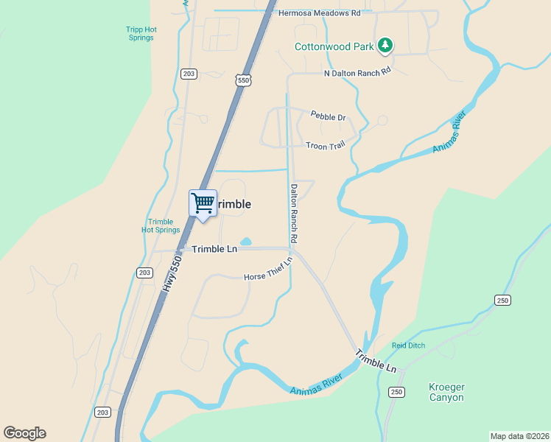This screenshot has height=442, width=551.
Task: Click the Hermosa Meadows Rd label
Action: coord(320,13)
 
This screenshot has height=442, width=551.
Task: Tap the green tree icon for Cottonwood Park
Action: coord(385,46)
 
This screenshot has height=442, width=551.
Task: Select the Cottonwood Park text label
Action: coord(334,46)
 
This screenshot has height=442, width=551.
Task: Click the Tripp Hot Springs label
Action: coord(140,34)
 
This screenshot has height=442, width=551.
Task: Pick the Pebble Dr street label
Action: coord(328,116)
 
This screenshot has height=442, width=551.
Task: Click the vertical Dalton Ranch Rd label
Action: coord(294,214)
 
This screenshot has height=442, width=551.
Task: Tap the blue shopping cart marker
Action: coord(203,203)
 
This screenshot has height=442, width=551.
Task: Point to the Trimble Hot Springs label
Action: coord(161,226)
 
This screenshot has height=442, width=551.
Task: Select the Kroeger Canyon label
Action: coord(447,392)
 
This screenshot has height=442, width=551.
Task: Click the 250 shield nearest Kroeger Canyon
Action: coord(396,392)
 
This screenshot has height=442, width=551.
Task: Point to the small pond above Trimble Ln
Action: coord(245,242)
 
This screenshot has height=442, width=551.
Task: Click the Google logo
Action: coord(24,433)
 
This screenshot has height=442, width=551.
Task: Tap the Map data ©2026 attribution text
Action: coord(519,436)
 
